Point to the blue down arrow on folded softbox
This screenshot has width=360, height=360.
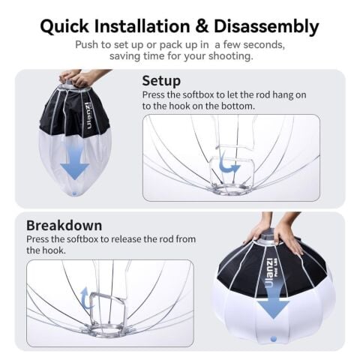pos(74,166)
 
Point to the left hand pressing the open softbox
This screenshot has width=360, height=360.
pos(259,229)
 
